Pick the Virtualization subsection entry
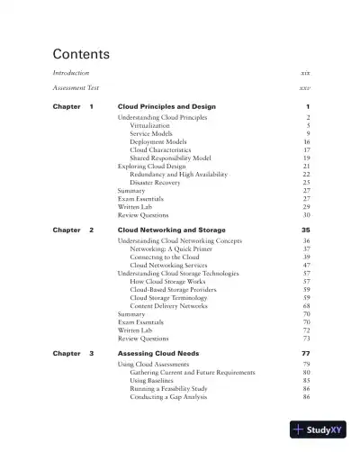point(150,125)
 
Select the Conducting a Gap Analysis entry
point(170,396)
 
